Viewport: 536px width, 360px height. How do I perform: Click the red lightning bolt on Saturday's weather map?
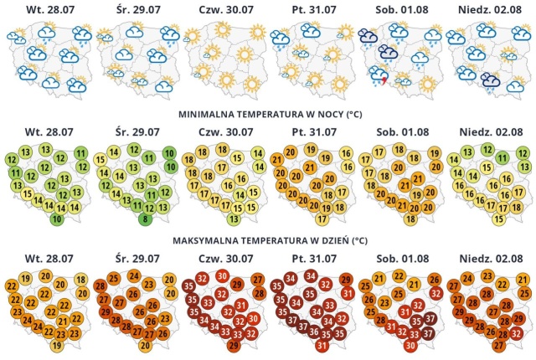tap(384, 81)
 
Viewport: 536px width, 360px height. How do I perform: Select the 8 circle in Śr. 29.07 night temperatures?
tap(145, 219)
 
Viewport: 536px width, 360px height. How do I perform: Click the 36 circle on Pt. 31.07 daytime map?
tap(314, 332)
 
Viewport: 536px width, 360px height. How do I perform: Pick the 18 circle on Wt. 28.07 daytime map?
tap(81, 280)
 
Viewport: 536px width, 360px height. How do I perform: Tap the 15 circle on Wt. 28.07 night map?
tap(28, 194)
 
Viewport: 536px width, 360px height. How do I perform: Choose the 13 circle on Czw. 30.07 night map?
tap(234, 219)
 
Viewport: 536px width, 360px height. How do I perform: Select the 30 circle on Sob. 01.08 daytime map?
tap(410, 345)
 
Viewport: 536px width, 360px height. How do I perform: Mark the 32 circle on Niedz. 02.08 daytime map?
tap(517, 333)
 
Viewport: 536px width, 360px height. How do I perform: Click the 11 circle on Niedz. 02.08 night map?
tap(502, 157)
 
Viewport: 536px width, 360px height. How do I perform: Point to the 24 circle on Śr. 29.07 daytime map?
tap(135, 276)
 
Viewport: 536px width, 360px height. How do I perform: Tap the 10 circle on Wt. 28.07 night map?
tap(57, 219)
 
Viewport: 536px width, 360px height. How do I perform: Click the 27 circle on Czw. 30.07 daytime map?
tap(258, 280)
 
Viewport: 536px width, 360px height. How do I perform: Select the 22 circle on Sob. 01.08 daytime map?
tap(399, 276)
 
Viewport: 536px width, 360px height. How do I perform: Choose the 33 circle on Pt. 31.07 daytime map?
tap(329, 305)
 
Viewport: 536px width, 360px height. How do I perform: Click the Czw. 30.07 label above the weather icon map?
tap(226, 9)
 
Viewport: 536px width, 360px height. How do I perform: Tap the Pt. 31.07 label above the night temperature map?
tap(314, 131)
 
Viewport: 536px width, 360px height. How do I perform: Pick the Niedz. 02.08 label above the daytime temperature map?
tap(491, 258)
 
